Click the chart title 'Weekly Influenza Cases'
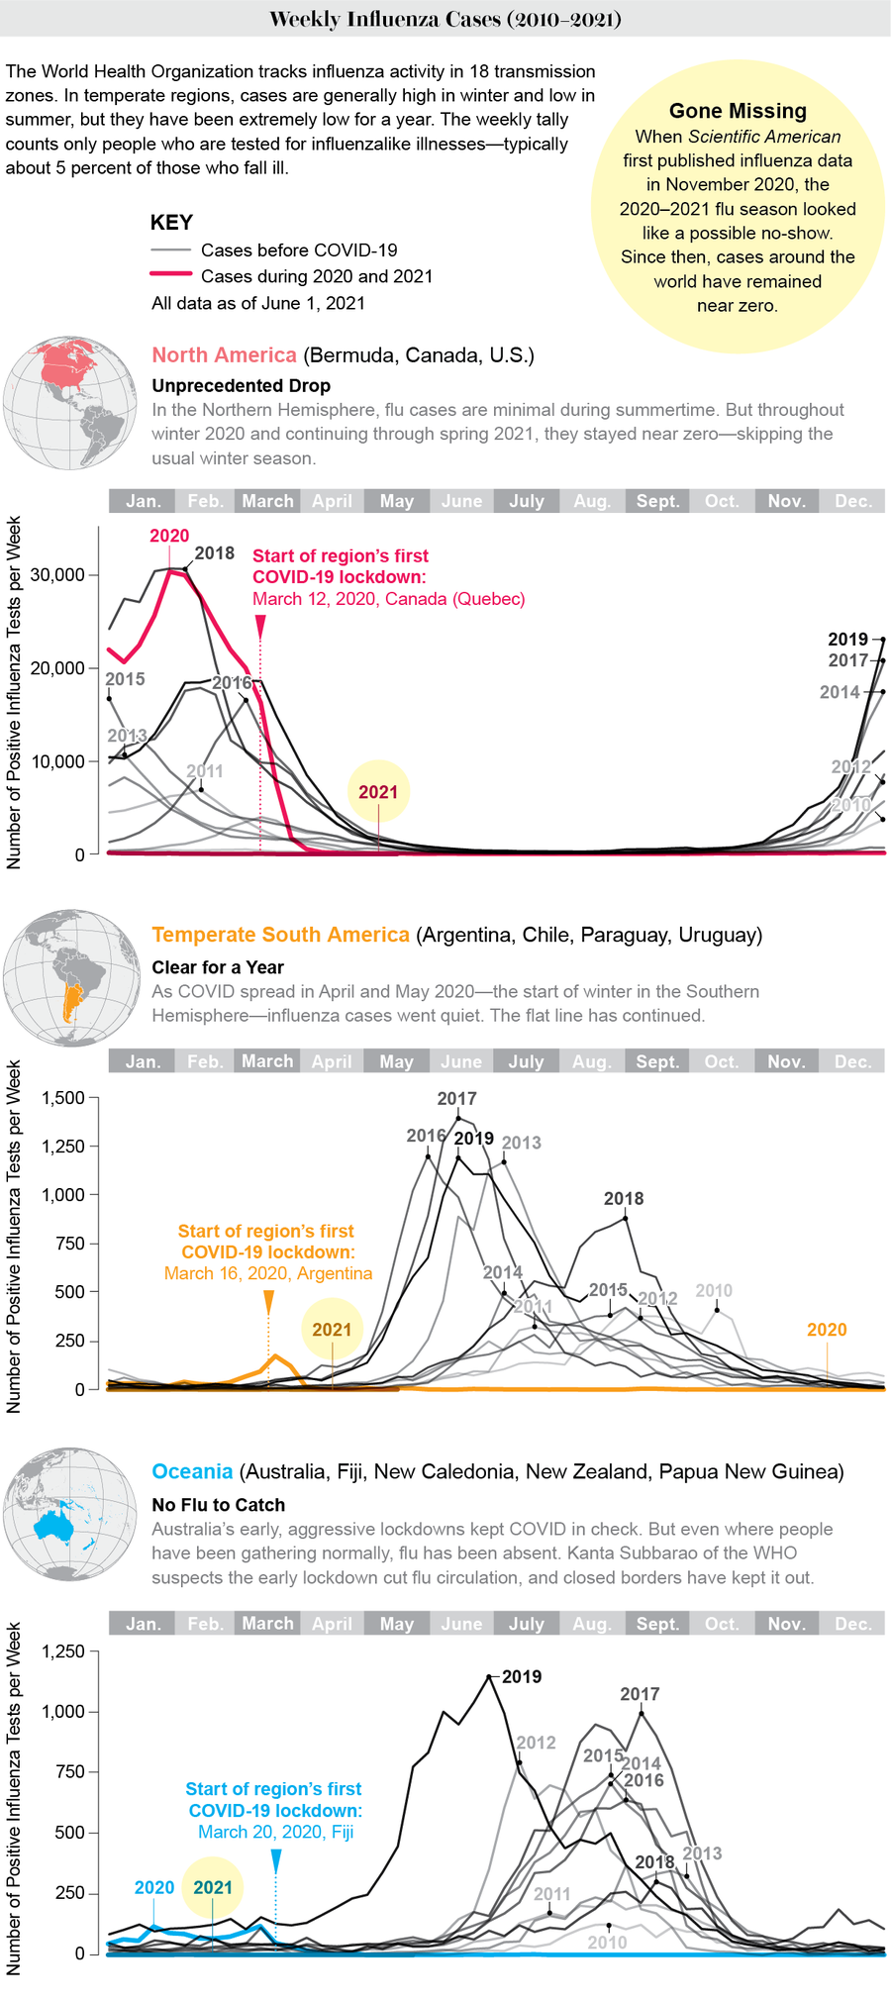pos(445,19)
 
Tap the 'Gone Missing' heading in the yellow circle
pos(738,111)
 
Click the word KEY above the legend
pos(171,223)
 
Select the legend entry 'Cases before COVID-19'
pos(298,250)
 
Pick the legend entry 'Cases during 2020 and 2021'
pos(316,276)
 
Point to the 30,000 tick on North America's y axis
pos(66,575)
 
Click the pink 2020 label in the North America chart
pos(169,536)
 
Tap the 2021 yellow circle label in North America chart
pos(378,792)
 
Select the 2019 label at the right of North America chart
pos(847,640)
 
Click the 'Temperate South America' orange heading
pos(280,935)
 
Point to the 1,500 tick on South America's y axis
pos(64,1097)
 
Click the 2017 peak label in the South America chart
pos(456,1098)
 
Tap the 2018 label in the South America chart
pos(624,1198)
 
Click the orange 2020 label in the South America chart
pos(827,1330)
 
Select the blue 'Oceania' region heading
pos(192,1471)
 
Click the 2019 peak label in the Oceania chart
pos(522,1676)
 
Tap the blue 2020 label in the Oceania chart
pos(154,1887)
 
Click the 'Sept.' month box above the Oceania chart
pos(657,1624)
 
